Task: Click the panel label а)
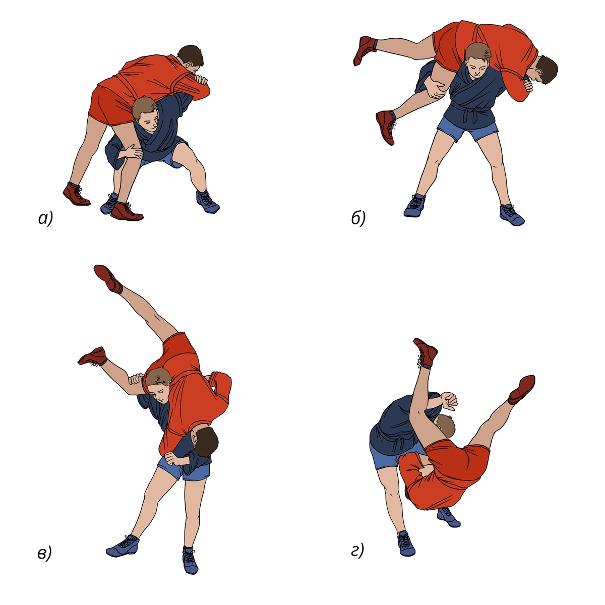tap(45, 219)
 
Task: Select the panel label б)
tap(358, 218)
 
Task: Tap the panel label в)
tap(44, 554)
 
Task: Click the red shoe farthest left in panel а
tap(76, 194)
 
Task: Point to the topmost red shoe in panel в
tap(108, 278)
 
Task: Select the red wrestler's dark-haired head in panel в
tap(205, 442)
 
